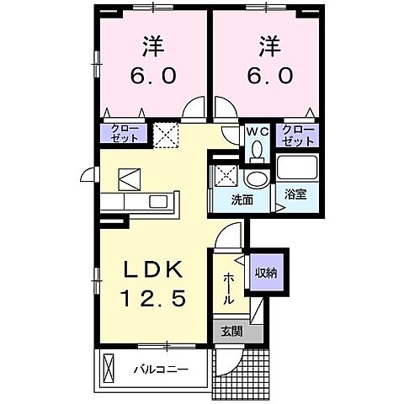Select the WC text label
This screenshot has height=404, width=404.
[x=256, y=130]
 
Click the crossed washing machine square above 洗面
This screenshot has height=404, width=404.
[x=225, y=177]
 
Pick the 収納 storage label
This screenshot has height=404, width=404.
[x=269, y=273]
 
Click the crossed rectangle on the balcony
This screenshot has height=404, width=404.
[x=107, y=368]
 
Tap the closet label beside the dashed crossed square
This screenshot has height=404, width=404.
[x=120, y=133]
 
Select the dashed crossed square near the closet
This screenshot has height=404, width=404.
[x=163, y=133]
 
